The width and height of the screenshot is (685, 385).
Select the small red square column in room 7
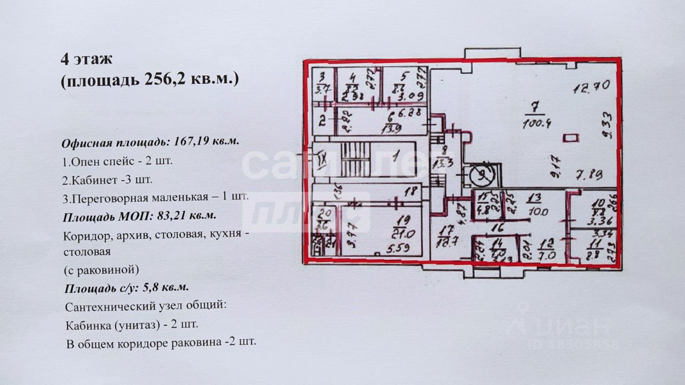click(571, 138)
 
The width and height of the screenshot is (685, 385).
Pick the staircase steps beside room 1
click(353, 159)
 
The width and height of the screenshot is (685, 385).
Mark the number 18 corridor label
click(410, 190)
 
